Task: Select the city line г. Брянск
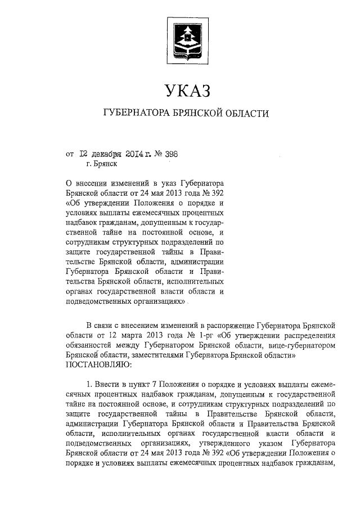(102, 164)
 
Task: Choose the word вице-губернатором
(304, 345)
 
